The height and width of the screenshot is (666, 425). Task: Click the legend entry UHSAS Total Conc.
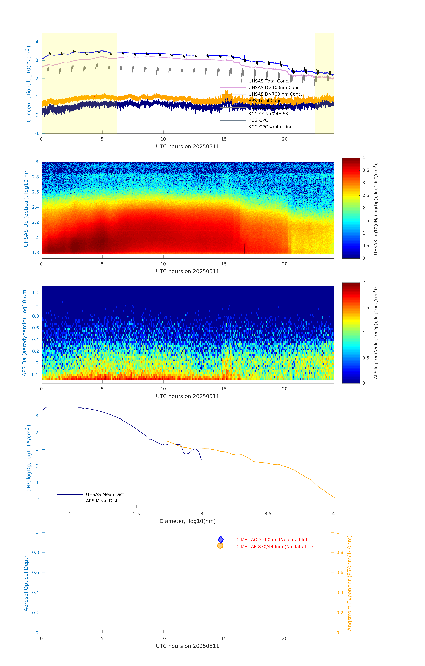click(269, 81)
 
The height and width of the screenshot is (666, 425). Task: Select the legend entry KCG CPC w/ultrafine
click(270, 127)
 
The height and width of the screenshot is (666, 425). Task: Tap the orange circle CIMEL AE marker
click(220, 546)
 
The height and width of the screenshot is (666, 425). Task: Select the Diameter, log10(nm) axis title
click(187, 521)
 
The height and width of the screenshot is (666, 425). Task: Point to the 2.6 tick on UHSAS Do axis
click(35, 192)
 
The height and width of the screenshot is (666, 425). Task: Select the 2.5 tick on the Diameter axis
click(136, 514)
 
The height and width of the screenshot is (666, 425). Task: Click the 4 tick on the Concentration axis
click(37, 42)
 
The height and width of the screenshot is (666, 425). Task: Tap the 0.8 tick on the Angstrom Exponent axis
click(340, 552)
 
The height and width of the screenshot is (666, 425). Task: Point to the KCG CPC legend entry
click(258, 120)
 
